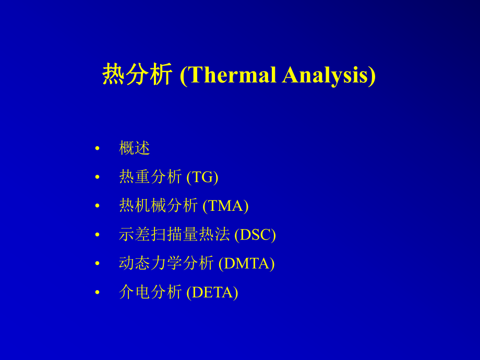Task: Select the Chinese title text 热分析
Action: coord(137,75)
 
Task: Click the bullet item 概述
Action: coord(134,148)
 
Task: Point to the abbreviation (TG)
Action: coord(202,177)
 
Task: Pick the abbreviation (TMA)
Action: coord(225,206)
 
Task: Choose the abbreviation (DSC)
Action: coord(255,235)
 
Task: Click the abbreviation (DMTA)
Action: coord(246,263)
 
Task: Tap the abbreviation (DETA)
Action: coord(212,292)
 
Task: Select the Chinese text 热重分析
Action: coord(150,177)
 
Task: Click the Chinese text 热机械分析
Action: coord(158,206)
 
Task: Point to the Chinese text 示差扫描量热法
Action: coord(174,234)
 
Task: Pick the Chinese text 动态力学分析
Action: coord(166,263)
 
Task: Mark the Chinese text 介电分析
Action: coord(150,292)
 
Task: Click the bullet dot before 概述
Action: coord(98,149)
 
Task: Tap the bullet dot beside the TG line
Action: coord(98,177)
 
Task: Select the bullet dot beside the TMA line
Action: coord(98,206)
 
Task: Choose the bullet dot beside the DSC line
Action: coord(98,234)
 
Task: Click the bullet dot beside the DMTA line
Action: coord(98,263)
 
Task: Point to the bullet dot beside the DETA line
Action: coord(98,292)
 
